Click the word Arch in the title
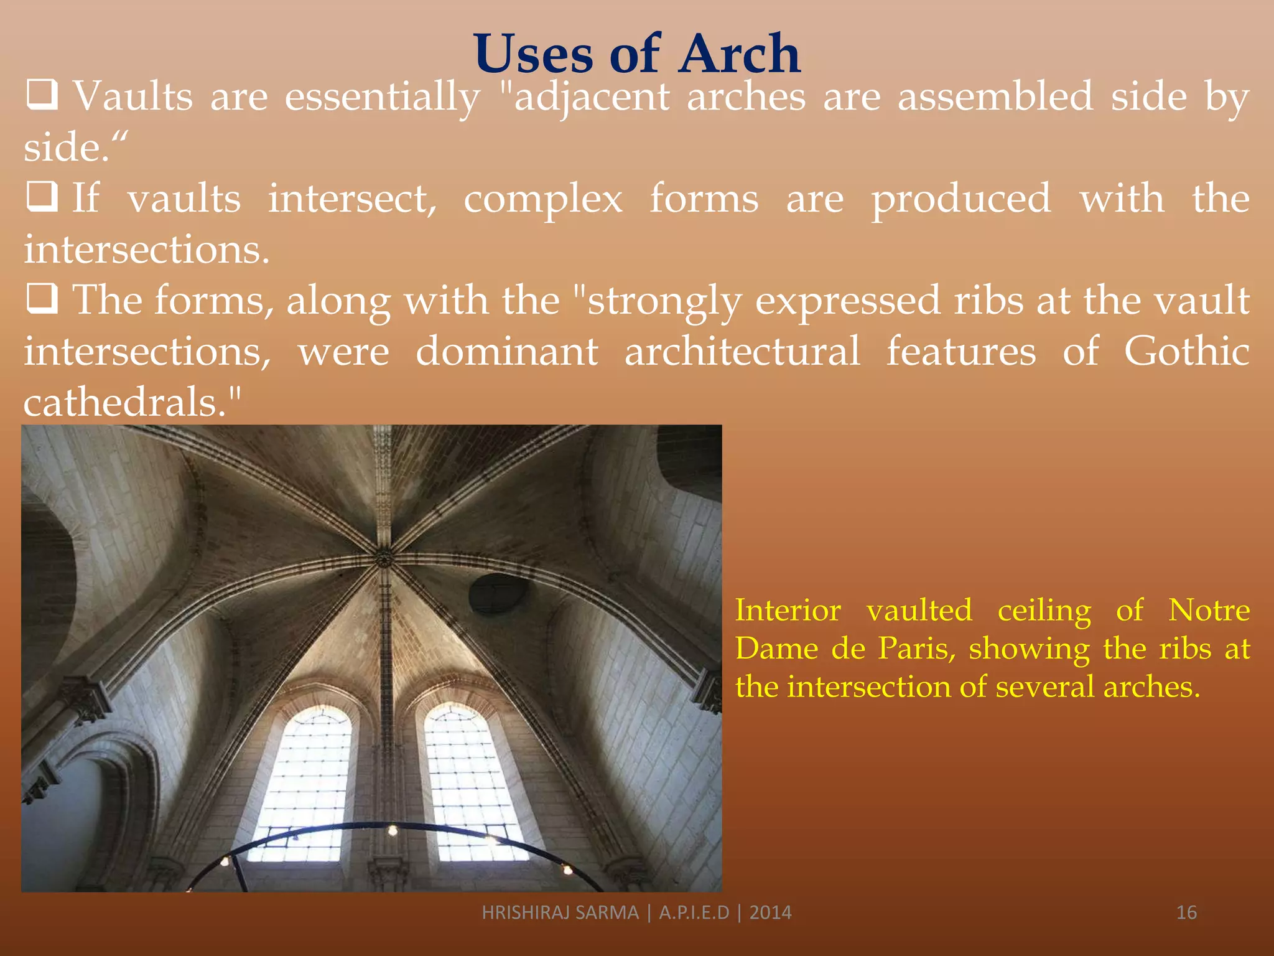tap(739, 55)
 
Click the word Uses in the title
tap(534, 55)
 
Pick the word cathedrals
tap(124, 402)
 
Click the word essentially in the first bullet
tap(382, 98)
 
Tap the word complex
tap(542, 199)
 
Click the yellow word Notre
tap(1209, 610)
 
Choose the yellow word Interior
tap(788, 610)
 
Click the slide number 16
tap(1186, 912)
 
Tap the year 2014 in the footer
tap(770, 912)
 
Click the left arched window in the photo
tap(305, 784)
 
